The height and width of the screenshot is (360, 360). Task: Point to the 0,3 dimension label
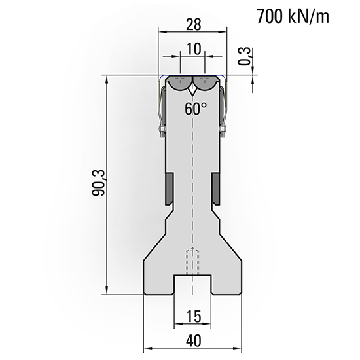[244, 57]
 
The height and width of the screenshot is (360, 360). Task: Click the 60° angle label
[194, 109]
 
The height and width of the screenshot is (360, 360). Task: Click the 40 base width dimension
[192, 341]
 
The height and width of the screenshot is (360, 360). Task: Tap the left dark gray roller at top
[178, 83]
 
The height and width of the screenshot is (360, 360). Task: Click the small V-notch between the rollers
[192, 91]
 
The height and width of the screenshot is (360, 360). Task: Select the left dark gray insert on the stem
[169, 189]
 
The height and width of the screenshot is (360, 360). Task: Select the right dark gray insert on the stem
[215, 189]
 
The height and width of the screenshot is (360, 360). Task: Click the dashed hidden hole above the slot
[192, 262]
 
